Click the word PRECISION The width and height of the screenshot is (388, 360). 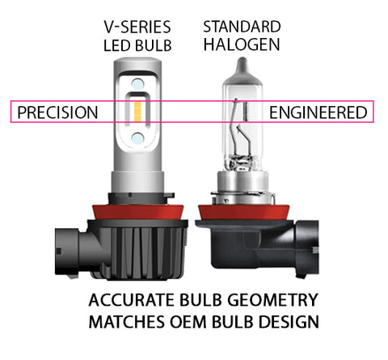57,112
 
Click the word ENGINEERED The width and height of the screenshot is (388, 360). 318,112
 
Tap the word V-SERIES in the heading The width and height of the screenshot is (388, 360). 137,28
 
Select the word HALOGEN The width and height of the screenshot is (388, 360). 242,44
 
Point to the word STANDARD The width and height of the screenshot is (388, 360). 242,27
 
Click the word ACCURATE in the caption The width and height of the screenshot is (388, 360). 131,300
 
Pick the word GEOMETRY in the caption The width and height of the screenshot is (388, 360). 272,300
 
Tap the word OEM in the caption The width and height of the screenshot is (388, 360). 188,322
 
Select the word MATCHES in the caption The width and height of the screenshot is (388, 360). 127,322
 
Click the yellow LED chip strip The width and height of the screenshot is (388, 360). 138,112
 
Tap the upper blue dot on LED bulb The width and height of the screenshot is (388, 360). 137,84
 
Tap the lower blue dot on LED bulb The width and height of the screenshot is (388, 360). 137,138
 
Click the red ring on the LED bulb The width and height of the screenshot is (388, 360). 138,212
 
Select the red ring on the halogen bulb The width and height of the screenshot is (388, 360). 243,213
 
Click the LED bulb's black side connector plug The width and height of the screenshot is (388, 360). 70,252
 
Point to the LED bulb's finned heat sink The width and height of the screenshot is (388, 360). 138,251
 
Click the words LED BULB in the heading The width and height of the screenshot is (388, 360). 137,45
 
